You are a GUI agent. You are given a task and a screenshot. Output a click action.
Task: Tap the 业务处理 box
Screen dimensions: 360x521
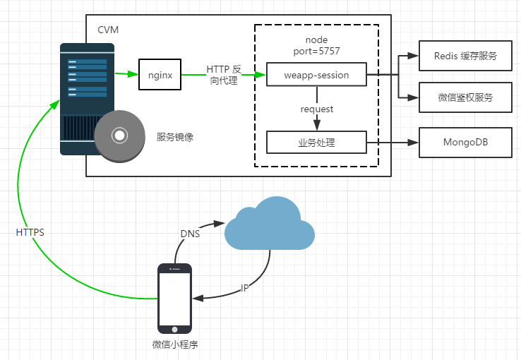(x=316, y=143)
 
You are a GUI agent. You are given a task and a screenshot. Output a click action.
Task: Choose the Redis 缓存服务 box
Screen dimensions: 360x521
(x=465, y=56)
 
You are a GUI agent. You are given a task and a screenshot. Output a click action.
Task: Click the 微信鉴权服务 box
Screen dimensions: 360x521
(x=465, y=98)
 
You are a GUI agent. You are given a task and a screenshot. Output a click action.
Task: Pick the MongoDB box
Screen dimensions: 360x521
(x=465, y=143)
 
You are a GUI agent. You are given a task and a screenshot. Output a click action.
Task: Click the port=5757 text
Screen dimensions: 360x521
(x=316, y=52)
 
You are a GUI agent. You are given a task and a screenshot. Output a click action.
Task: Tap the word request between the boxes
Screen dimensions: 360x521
(x=316, y=109)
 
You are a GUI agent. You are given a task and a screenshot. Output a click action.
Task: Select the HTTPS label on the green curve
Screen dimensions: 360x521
(x=30, y=232)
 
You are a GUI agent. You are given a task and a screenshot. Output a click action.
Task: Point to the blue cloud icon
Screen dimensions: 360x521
(x=269, y=224)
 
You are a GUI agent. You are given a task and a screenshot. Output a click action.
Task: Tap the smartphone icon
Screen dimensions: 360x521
(x=174, y=298)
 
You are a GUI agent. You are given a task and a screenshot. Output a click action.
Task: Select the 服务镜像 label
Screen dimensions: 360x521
(x=175, y=138)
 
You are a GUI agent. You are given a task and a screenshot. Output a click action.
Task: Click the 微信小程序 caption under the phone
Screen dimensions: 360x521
(x=175, y=344)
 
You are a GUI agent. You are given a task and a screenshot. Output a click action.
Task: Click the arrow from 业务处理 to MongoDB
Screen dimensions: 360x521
(x=393, y=143)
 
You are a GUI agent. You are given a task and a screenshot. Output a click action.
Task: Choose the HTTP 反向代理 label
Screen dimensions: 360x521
(x=223, y=75)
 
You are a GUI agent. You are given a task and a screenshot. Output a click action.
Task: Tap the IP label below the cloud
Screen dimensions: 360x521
(x=245, y=288)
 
